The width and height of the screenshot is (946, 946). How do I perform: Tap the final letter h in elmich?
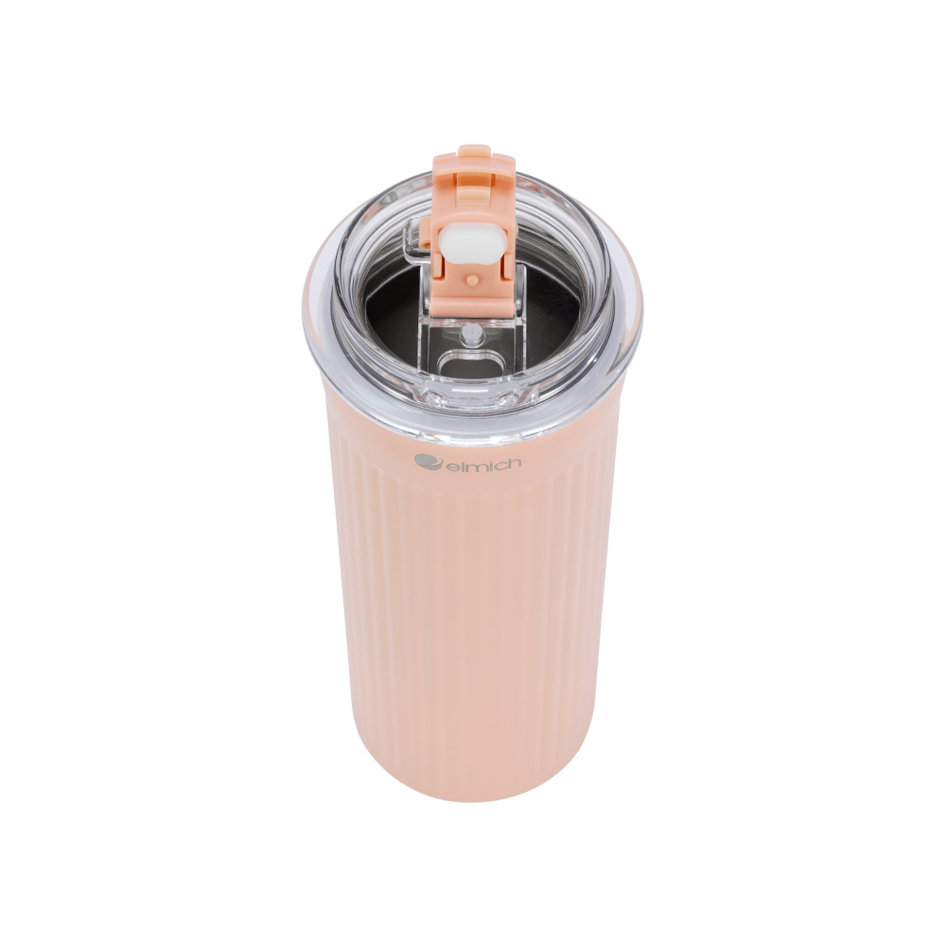pos(514,463)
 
